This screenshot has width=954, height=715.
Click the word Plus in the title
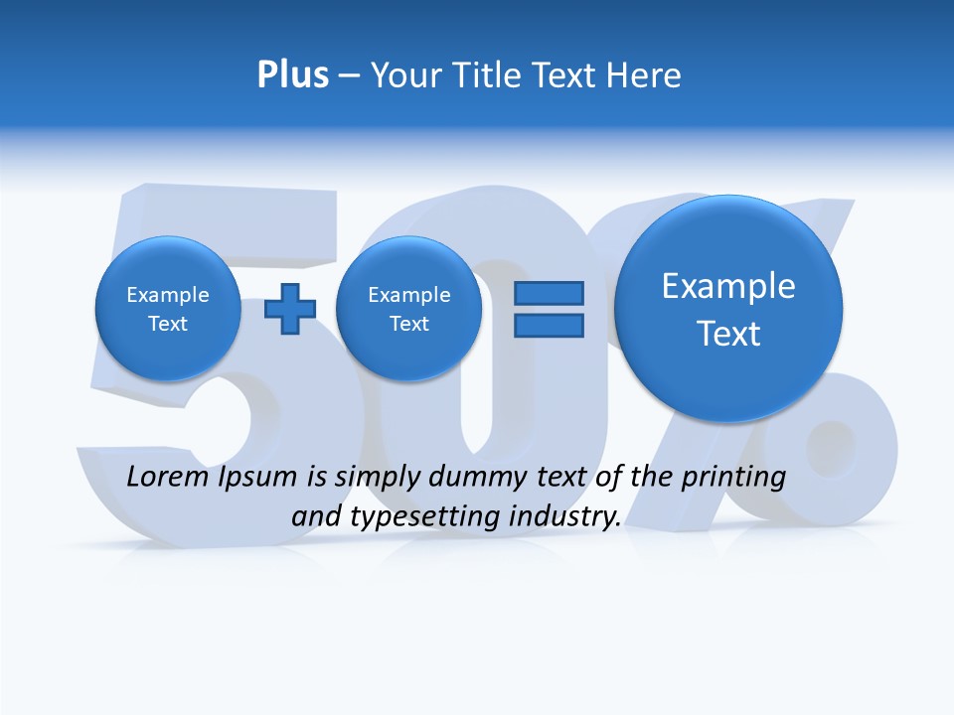(x=292, y=74)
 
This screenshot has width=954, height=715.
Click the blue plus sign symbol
(x=289, y=309)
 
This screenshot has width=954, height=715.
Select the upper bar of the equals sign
(x=548, y=294)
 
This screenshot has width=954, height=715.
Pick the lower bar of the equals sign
(x=548, y=325)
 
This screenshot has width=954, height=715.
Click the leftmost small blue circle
(x=168, y=309)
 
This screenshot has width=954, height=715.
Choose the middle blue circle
(x=408, y=309)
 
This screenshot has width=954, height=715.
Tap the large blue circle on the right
(x=728, y=309)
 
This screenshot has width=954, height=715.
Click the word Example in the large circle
(x=728, y=286)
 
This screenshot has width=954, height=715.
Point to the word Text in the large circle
(x=728, y=334)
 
